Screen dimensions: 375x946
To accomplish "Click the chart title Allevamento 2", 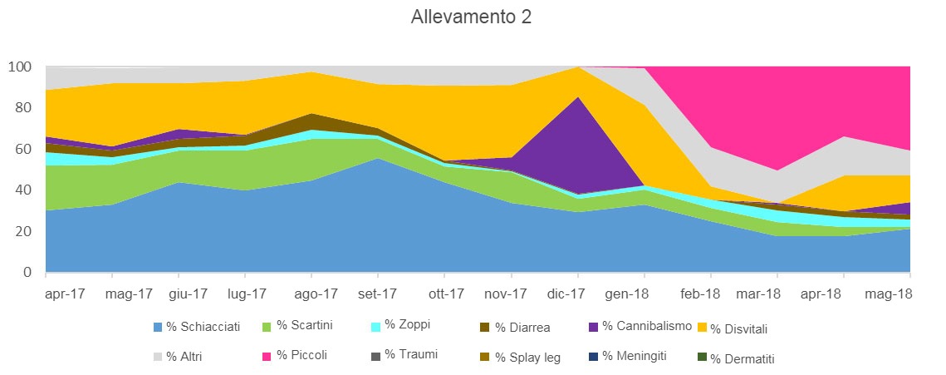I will coord(471,17).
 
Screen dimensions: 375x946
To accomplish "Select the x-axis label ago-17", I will coord(316,294).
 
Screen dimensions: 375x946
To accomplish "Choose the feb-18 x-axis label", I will coord(700,294).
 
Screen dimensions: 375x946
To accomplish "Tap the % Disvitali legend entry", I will coord(743,328).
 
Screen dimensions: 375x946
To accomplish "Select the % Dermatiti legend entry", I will coord(743,358).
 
